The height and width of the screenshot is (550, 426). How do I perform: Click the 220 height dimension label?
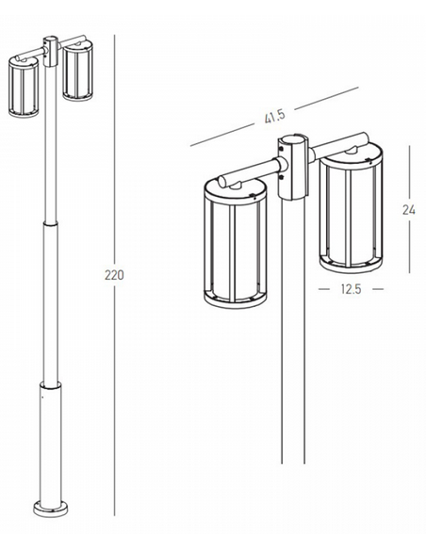click(114, 275)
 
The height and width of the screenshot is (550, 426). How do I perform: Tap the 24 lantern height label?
click(409, 209)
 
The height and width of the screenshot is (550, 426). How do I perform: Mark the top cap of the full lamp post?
click(49, 42)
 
